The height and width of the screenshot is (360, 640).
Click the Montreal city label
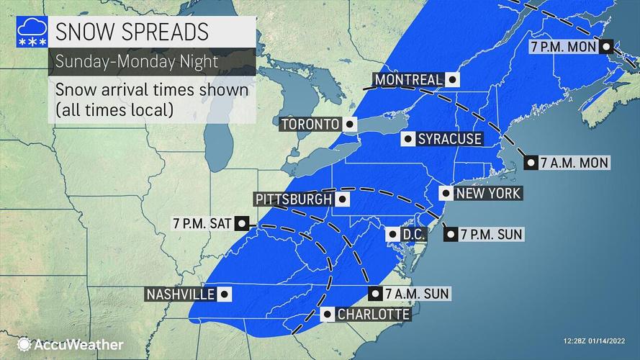pyautogui.click(x=407, y=79)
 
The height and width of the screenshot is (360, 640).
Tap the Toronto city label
pyautogui.click(x=310, y=125)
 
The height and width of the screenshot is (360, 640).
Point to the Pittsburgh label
pyautogui.click(x=294, y=199)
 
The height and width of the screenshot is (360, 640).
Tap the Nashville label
pyautogui.click(x=180, y=294)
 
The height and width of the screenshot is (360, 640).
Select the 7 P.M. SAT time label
pyautogui.click(x=202, y=223)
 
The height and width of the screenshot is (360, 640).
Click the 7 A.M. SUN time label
pyautogui.click(x=418, y=293)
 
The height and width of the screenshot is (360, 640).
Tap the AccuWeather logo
pyautogui.click(x=70, y=345)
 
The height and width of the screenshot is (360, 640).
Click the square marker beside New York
pyautogui.click(x=446, y=193)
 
